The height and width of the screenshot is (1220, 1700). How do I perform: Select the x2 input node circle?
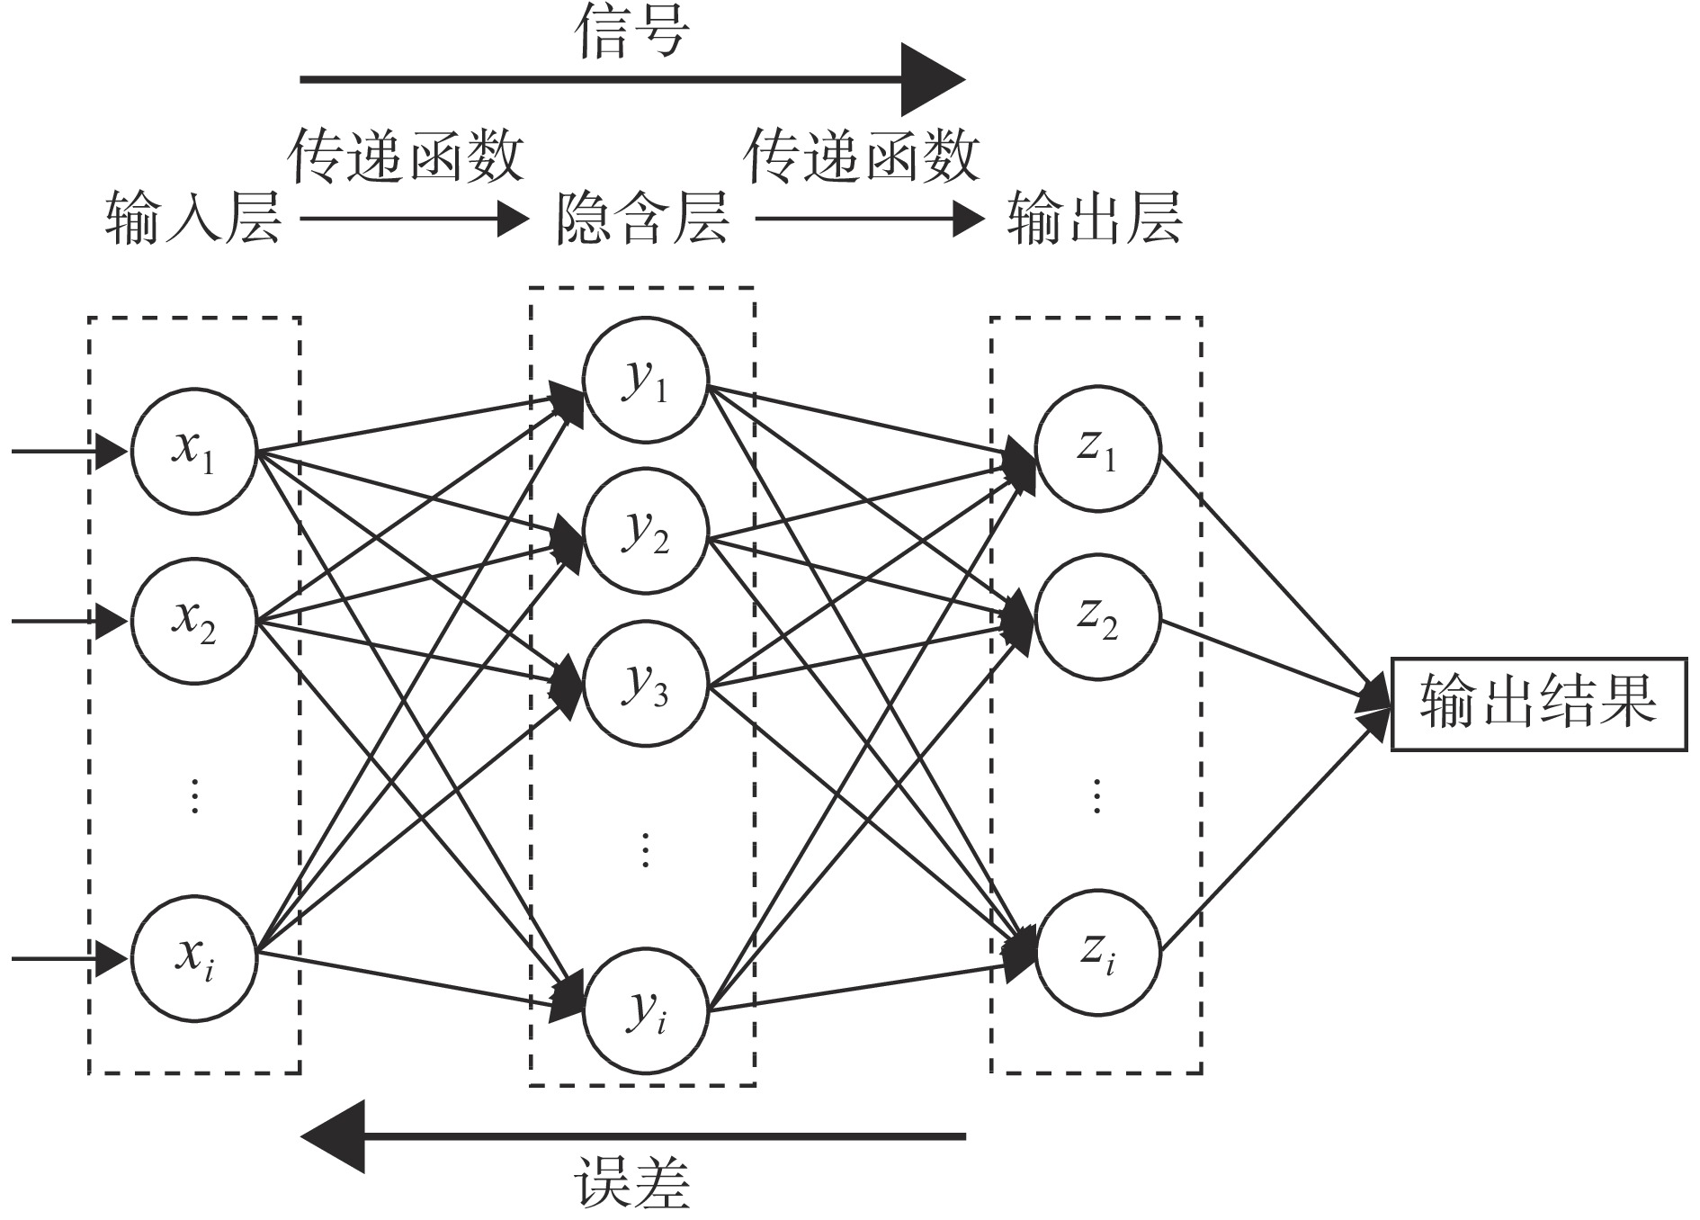pos(194,620)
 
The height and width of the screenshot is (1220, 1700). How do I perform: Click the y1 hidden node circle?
pos(646,379)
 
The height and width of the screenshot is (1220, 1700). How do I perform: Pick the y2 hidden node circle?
pos(646,531)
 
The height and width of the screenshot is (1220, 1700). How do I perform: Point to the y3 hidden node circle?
pos(646,683)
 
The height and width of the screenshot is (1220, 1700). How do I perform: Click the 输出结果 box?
pos(1539,704)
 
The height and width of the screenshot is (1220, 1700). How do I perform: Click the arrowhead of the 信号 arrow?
pos(933,79)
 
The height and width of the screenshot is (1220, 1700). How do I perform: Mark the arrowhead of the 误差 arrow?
pos(333,1136)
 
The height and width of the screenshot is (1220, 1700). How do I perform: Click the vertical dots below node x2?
pos(195,796)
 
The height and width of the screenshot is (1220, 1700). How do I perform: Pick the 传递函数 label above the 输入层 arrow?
pos(406,156)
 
